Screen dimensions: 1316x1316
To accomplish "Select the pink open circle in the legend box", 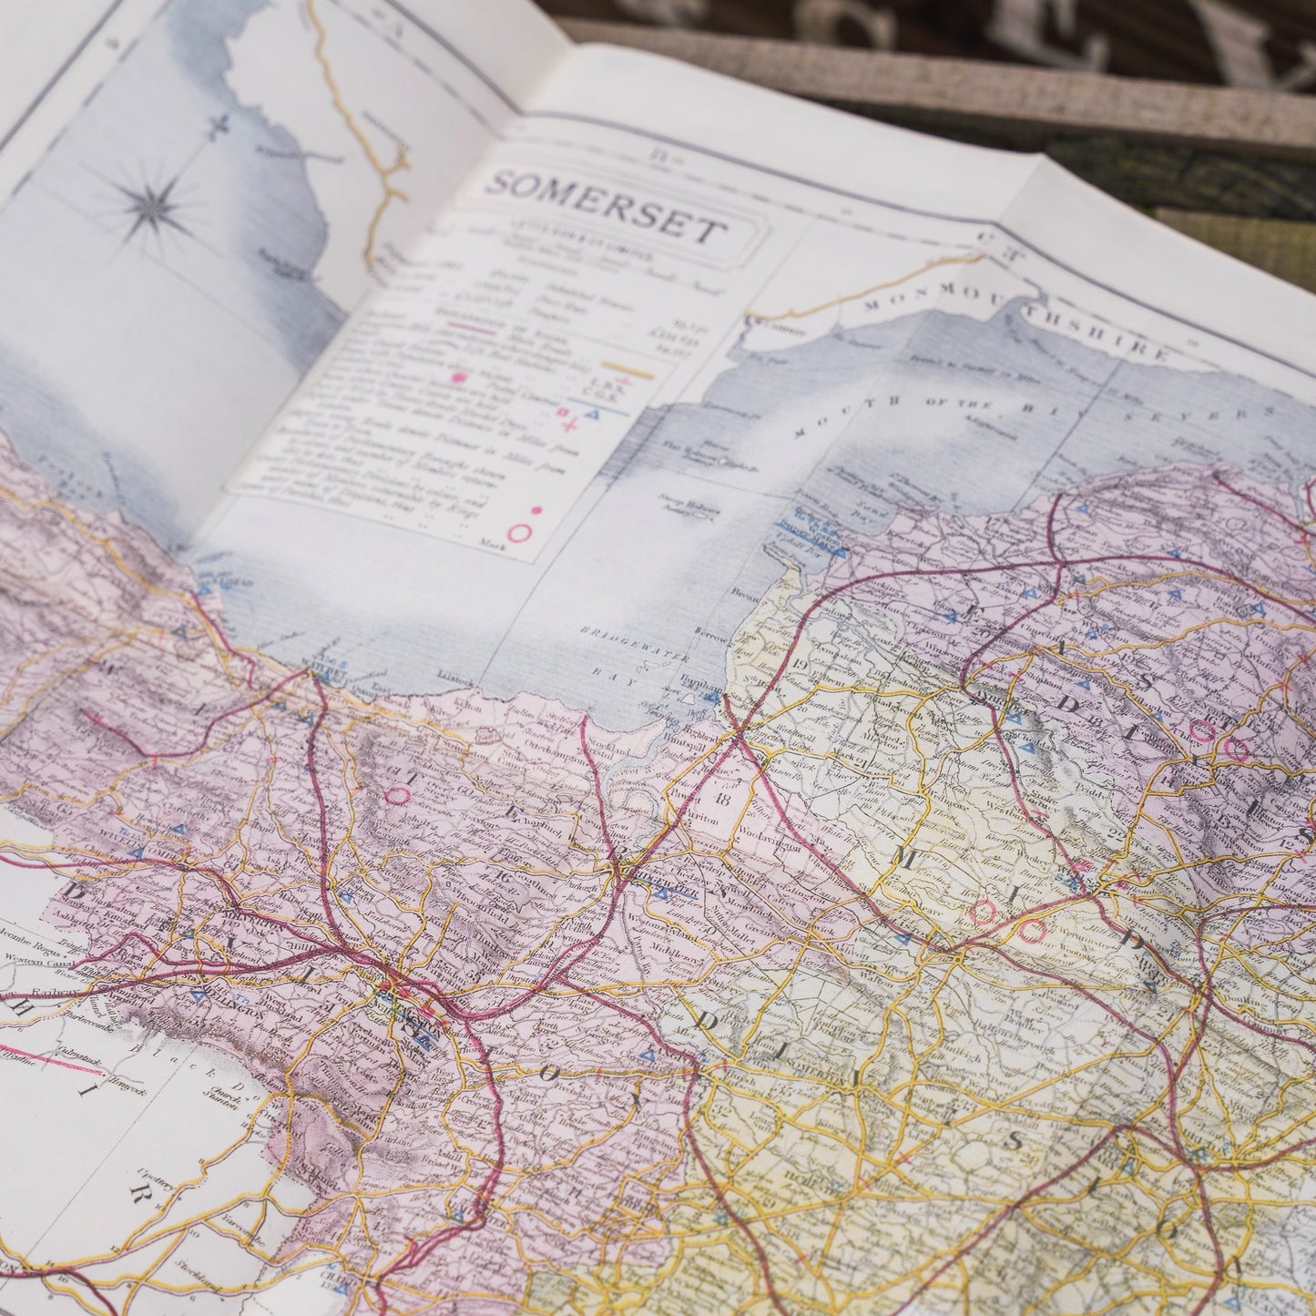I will [x=520, y=533].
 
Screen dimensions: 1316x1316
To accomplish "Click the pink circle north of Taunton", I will [x=397, y=795].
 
